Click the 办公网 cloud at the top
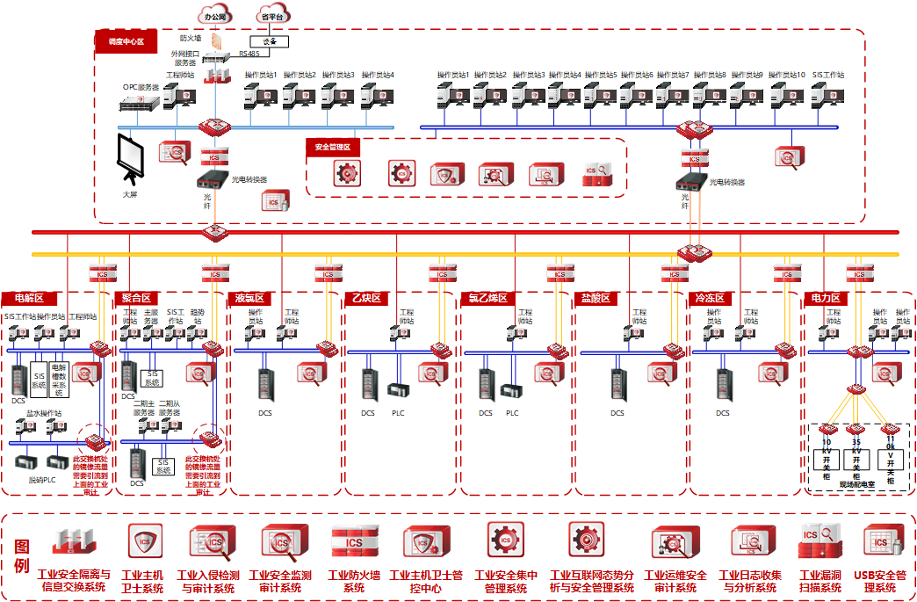pos(216,16)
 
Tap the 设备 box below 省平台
pos(269,41)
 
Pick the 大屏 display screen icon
pos(132,158)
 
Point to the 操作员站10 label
pos(787,75)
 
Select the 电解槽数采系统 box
pos(59,379)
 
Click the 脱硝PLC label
pos(42,481)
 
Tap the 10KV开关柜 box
pos(827,455)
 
